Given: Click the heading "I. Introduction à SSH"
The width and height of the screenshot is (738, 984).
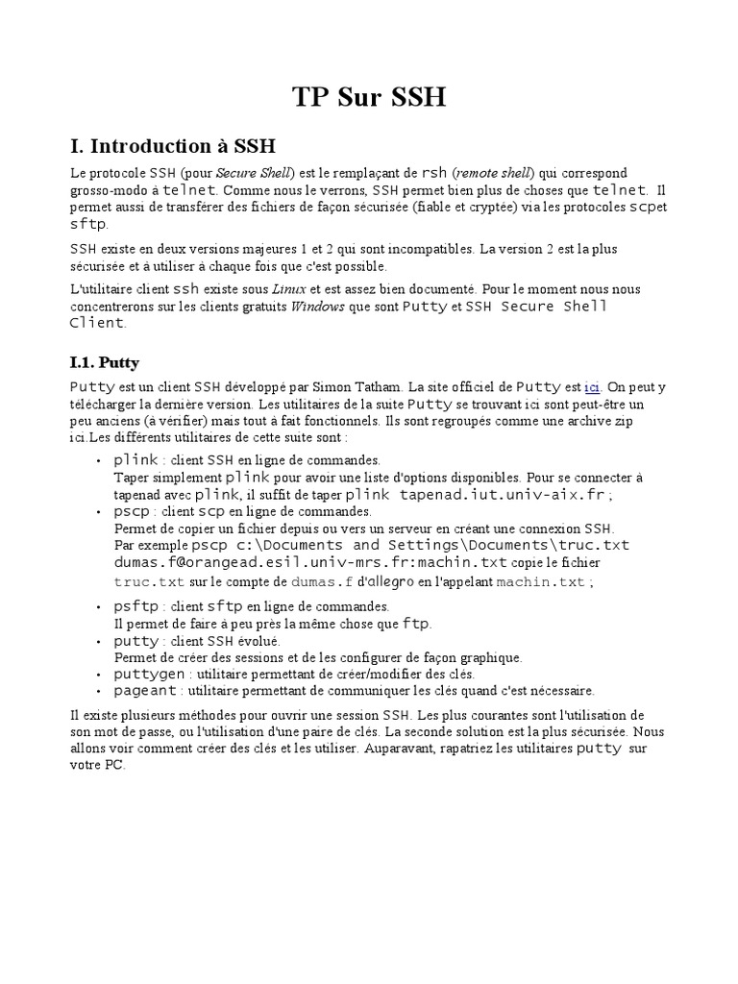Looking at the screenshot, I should [x=173, y=147].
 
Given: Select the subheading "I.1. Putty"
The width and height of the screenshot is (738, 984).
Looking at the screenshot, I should [x=105, y=362].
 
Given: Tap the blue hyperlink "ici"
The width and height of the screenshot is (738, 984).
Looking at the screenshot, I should [x=592, y=387].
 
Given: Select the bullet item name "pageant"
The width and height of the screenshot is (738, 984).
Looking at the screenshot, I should [x=145, y=690].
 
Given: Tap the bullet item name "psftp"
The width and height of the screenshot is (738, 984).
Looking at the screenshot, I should [x=136, y=606].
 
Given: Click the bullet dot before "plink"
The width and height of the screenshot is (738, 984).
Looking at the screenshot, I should [x=101, y=461].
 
